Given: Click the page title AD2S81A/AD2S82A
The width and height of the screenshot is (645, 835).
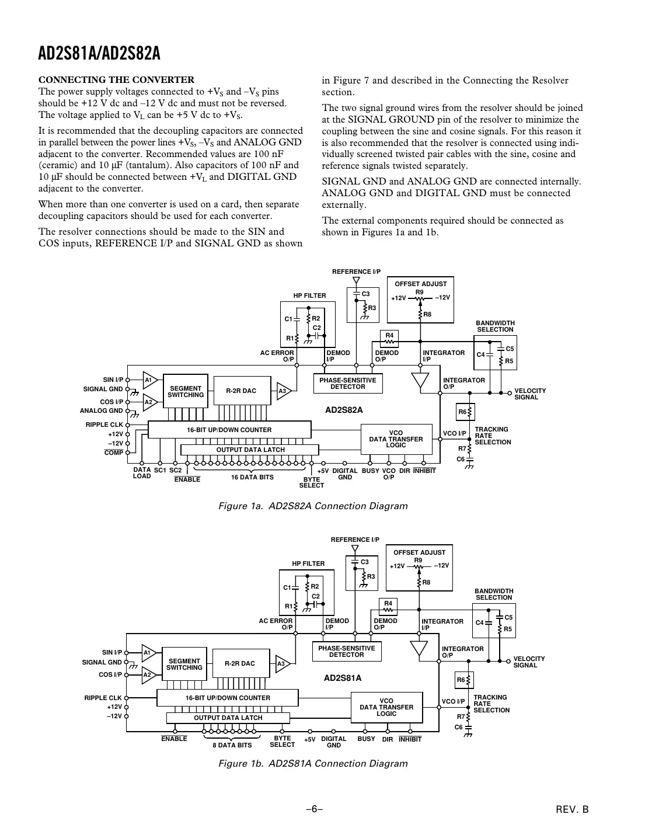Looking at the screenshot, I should click(x=99, y=54).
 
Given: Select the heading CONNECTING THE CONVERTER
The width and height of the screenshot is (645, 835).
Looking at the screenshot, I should click(x=116, y=80).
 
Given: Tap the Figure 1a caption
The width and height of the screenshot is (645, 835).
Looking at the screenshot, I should click(x=312, y=506).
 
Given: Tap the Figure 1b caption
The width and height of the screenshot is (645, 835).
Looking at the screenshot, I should click(x=312, y=763).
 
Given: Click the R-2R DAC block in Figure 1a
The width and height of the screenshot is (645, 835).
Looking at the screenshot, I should click(x=241, y=391).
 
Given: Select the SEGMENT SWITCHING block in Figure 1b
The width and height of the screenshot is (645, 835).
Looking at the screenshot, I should click(x=184, y=664).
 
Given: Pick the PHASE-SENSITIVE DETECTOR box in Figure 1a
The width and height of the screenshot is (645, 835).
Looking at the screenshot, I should click(x=348, y=383).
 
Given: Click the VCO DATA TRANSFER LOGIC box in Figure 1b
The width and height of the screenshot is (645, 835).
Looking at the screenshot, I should click(x=386, y=707).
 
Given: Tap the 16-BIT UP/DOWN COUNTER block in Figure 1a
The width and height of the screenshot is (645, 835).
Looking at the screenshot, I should click(x=229, y=430).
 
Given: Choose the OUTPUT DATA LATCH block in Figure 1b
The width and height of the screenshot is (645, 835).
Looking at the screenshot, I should click(x=228, y=718).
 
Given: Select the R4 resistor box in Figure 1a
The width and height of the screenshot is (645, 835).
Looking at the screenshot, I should click(x=389, y=338).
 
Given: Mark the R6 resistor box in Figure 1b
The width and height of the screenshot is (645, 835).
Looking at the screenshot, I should click(x=464, y=680).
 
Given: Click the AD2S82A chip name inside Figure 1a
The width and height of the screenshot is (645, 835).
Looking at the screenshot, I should click(x=344, y=410).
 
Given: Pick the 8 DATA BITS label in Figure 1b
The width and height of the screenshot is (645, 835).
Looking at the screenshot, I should click(x=232, y=745).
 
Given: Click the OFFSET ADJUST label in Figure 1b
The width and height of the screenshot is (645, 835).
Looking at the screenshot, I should click(x=419, y=552).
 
